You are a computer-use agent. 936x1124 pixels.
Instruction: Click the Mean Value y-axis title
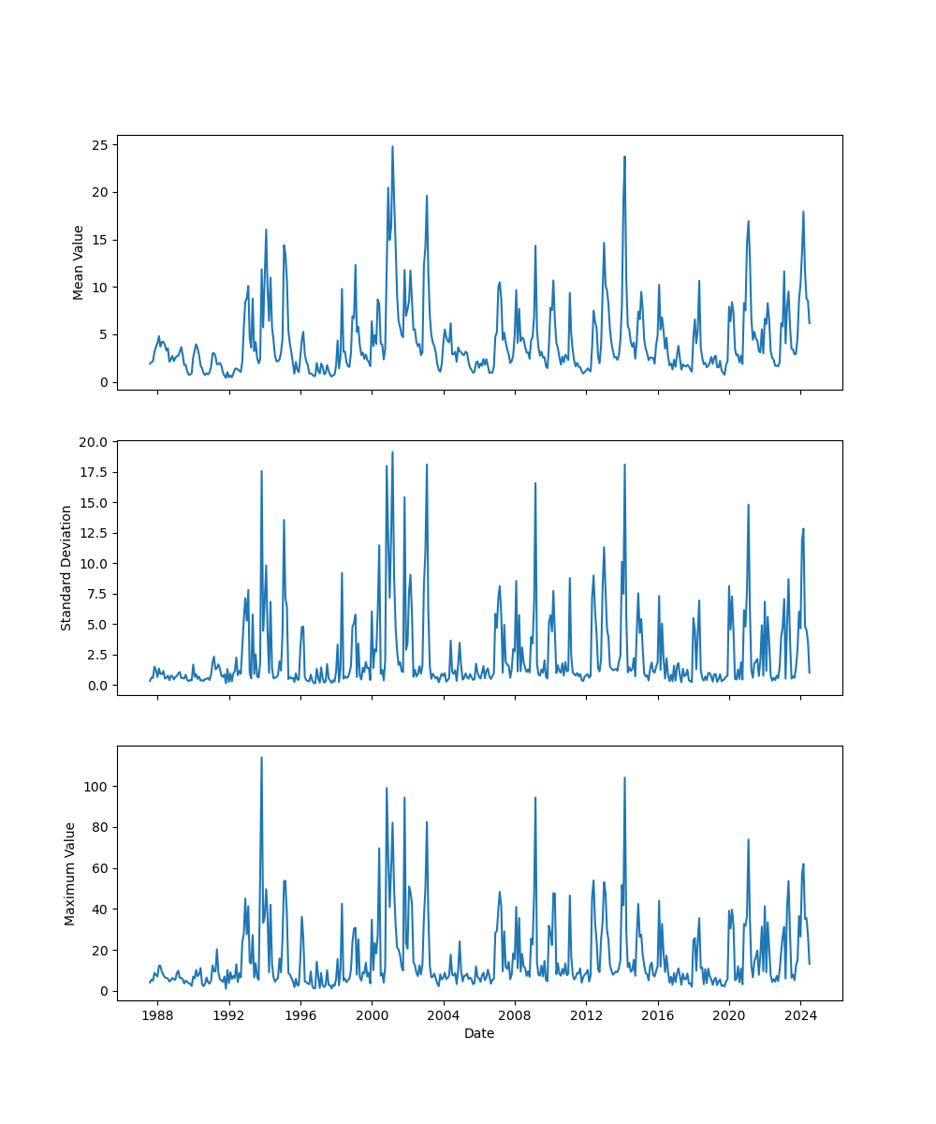79,262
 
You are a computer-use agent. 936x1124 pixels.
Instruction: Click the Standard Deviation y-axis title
66,568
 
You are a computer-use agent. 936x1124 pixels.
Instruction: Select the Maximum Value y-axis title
69,873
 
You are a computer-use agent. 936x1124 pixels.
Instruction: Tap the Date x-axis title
479,1033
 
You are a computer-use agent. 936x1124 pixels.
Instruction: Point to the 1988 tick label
157,1015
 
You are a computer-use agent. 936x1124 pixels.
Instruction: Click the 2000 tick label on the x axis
372,1015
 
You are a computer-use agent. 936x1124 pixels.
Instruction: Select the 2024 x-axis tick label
800,1015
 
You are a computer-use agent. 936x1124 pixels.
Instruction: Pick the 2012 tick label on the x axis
586,1015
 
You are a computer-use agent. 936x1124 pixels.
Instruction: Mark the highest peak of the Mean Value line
392,146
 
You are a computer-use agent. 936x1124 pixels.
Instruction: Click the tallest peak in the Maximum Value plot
261,757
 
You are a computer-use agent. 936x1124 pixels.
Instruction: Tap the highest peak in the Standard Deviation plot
392,451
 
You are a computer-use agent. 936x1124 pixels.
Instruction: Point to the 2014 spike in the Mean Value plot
624,156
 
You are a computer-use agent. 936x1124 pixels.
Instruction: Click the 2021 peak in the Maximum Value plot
748,839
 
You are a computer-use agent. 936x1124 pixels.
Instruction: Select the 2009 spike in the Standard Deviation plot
535,483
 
